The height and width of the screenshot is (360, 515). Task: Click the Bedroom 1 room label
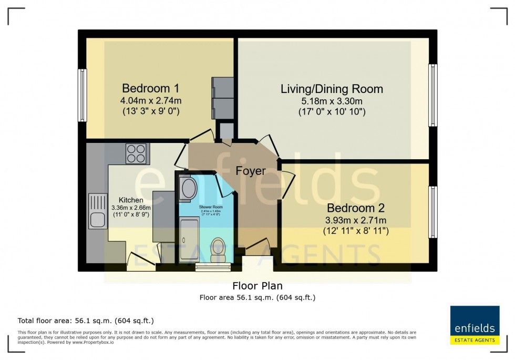[x=146, y=88]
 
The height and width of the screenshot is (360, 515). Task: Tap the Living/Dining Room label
[x=332, y=89]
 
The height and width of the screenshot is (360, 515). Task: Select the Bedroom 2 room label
[x=355, y=208]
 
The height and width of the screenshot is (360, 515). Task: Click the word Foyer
[x=250, y=171]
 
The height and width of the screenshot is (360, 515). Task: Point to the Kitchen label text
[x=131, y=200]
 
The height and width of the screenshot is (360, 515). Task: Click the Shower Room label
[x=208, y=207]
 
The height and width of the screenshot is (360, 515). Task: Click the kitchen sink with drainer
[x=98, y=211]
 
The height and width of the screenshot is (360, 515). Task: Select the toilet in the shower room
[x=217, y=249]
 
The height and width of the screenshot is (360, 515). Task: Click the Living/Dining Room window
[x=432, y=95]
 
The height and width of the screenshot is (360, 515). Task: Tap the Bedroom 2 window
[x=432, y=211]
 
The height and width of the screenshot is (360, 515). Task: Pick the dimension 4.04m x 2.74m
[x=151, y=100]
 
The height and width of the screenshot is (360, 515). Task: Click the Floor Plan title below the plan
[x=257, y=286]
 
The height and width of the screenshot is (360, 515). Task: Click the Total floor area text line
[x=86, y=321]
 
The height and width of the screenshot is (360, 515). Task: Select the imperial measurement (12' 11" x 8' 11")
[x=356, y=230]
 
